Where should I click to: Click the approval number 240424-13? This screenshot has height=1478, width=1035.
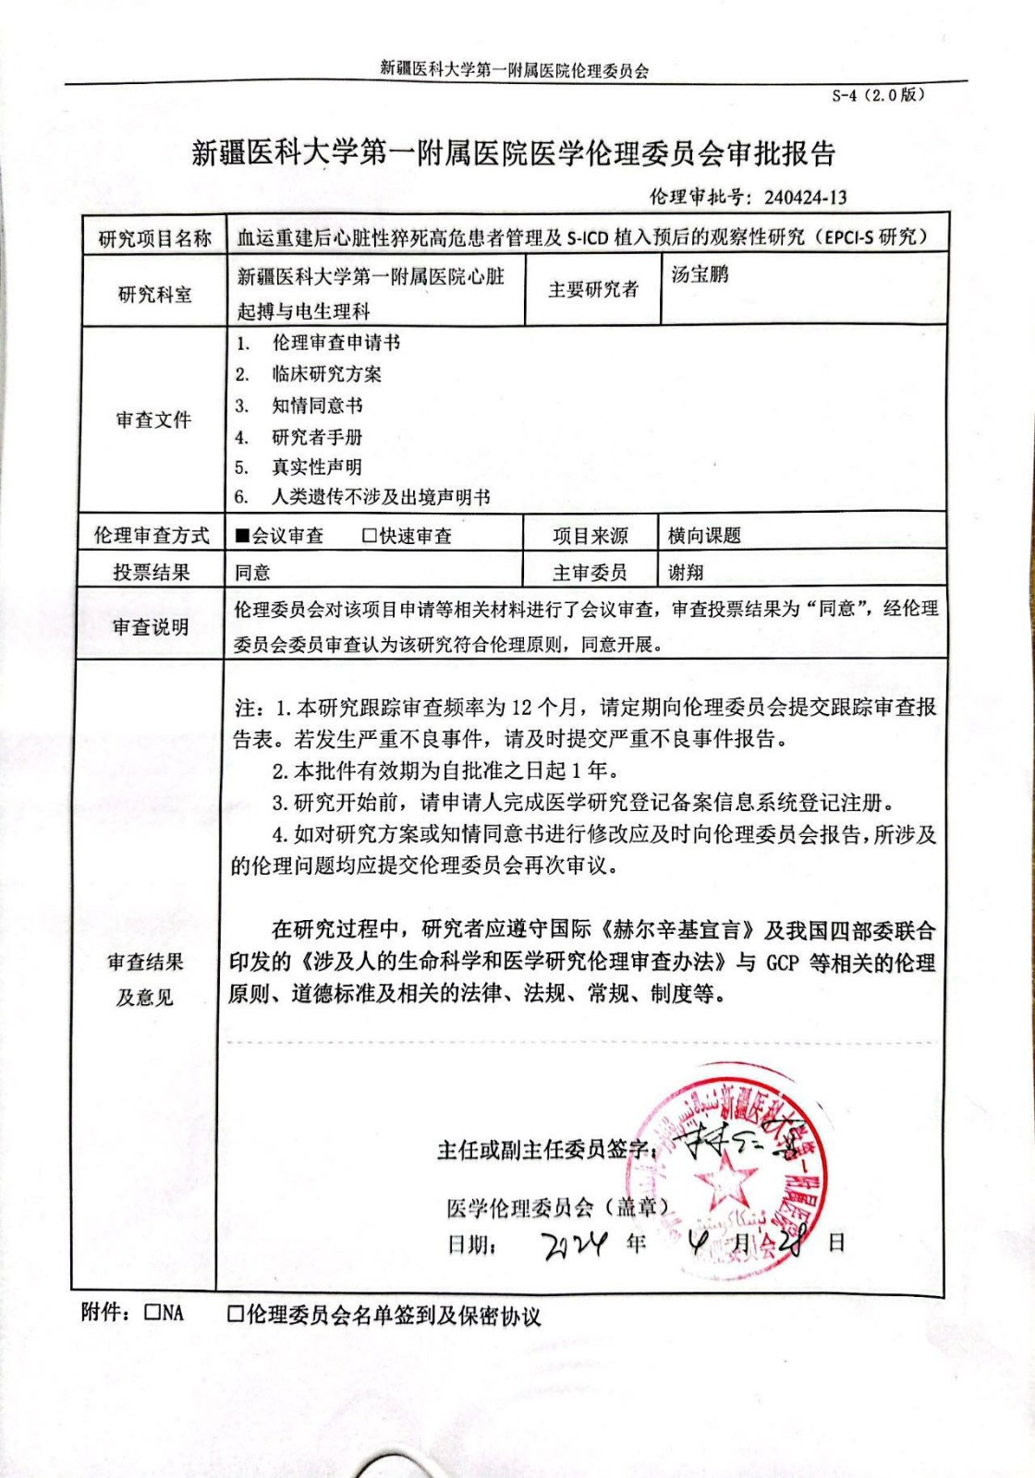pyautogui.click(x=805, y=197)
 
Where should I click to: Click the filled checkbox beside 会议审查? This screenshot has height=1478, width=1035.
pyautogui.click(x=243, y=536)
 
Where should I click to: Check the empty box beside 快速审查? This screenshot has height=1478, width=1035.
pyautogui.click(x=371, y=536)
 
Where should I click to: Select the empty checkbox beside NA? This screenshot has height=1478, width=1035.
pyautogui.click(x=153, y=1313)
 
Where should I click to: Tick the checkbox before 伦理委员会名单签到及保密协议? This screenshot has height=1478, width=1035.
pyautogui.click(x=236, y=1314)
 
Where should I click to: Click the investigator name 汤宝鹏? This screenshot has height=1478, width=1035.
pyautogui.click(x=700, y=274)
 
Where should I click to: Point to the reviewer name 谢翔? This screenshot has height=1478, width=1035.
pyautogui.click(x=686, y=573)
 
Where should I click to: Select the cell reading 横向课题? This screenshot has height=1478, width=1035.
pyautogui.click(x=704, y=536)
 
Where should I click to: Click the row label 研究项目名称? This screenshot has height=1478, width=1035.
pyautogui.click(x=154, y=239)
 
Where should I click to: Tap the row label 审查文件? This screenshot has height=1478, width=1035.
pyautogui.click(x=153, y=420)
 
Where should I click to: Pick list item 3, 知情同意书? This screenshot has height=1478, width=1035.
pyautogui.click(x=317, y=406)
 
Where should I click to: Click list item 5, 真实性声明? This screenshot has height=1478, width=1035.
pyautogui.click(x=317, y=467)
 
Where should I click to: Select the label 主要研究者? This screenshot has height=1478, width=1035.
pyautogui.click(x=593, y=290)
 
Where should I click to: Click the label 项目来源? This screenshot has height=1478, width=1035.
pyautogui.click(x=591, y=536)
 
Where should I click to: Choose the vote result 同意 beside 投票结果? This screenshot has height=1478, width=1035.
pyautogui.click(x=252, y=573)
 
